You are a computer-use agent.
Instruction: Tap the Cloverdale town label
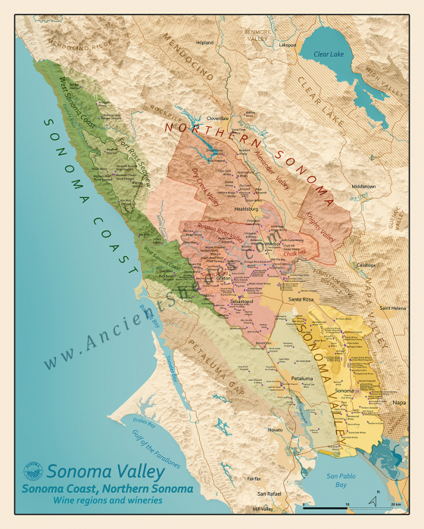[217, 119]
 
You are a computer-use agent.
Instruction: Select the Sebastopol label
[245, 300]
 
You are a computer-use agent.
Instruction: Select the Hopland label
[205, 43]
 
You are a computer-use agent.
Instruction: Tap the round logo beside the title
[33, 472]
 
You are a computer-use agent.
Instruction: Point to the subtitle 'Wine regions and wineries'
[107, 501]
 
